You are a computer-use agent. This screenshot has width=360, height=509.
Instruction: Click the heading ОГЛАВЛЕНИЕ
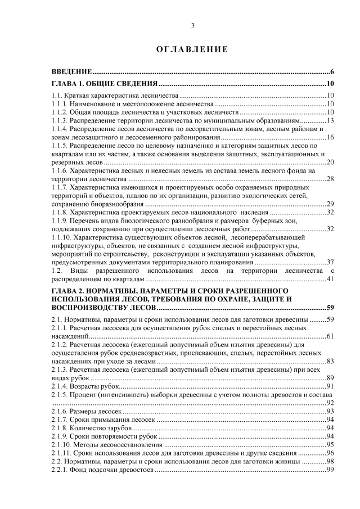coord(192,49)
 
